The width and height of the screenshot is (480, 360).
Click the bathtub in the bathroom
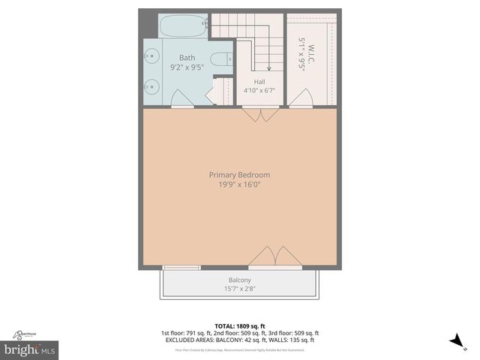pos(183,27)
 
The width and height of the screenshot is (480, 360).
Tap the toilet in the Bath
pos(223,59)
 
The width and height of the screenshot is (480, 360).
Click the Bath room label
pos(187,58)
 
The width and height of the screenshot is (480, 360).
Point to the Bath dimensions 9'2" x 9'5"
pos(187,67)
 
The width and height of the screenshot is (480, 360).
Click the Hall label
pos(259,82)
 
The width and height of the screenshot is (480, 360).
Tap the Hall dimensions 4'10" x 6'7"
pos(259,91)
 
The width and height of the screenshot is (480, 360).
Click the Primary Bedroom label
pos(239,175)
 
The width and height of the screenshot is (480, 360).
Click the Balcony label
pos(240,280)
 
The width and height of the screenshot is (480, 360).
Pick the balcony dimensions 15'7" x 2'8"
pos(240,289)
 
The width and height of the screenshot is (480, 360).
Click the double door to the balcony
pos(275,257)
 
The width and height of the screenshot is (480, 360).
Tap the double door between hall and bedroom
pos(260,114)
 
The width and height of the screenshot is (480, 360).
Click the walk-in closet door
pos(301,99)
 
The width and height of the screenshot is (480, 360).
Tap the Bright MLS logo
pos(30,349)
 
